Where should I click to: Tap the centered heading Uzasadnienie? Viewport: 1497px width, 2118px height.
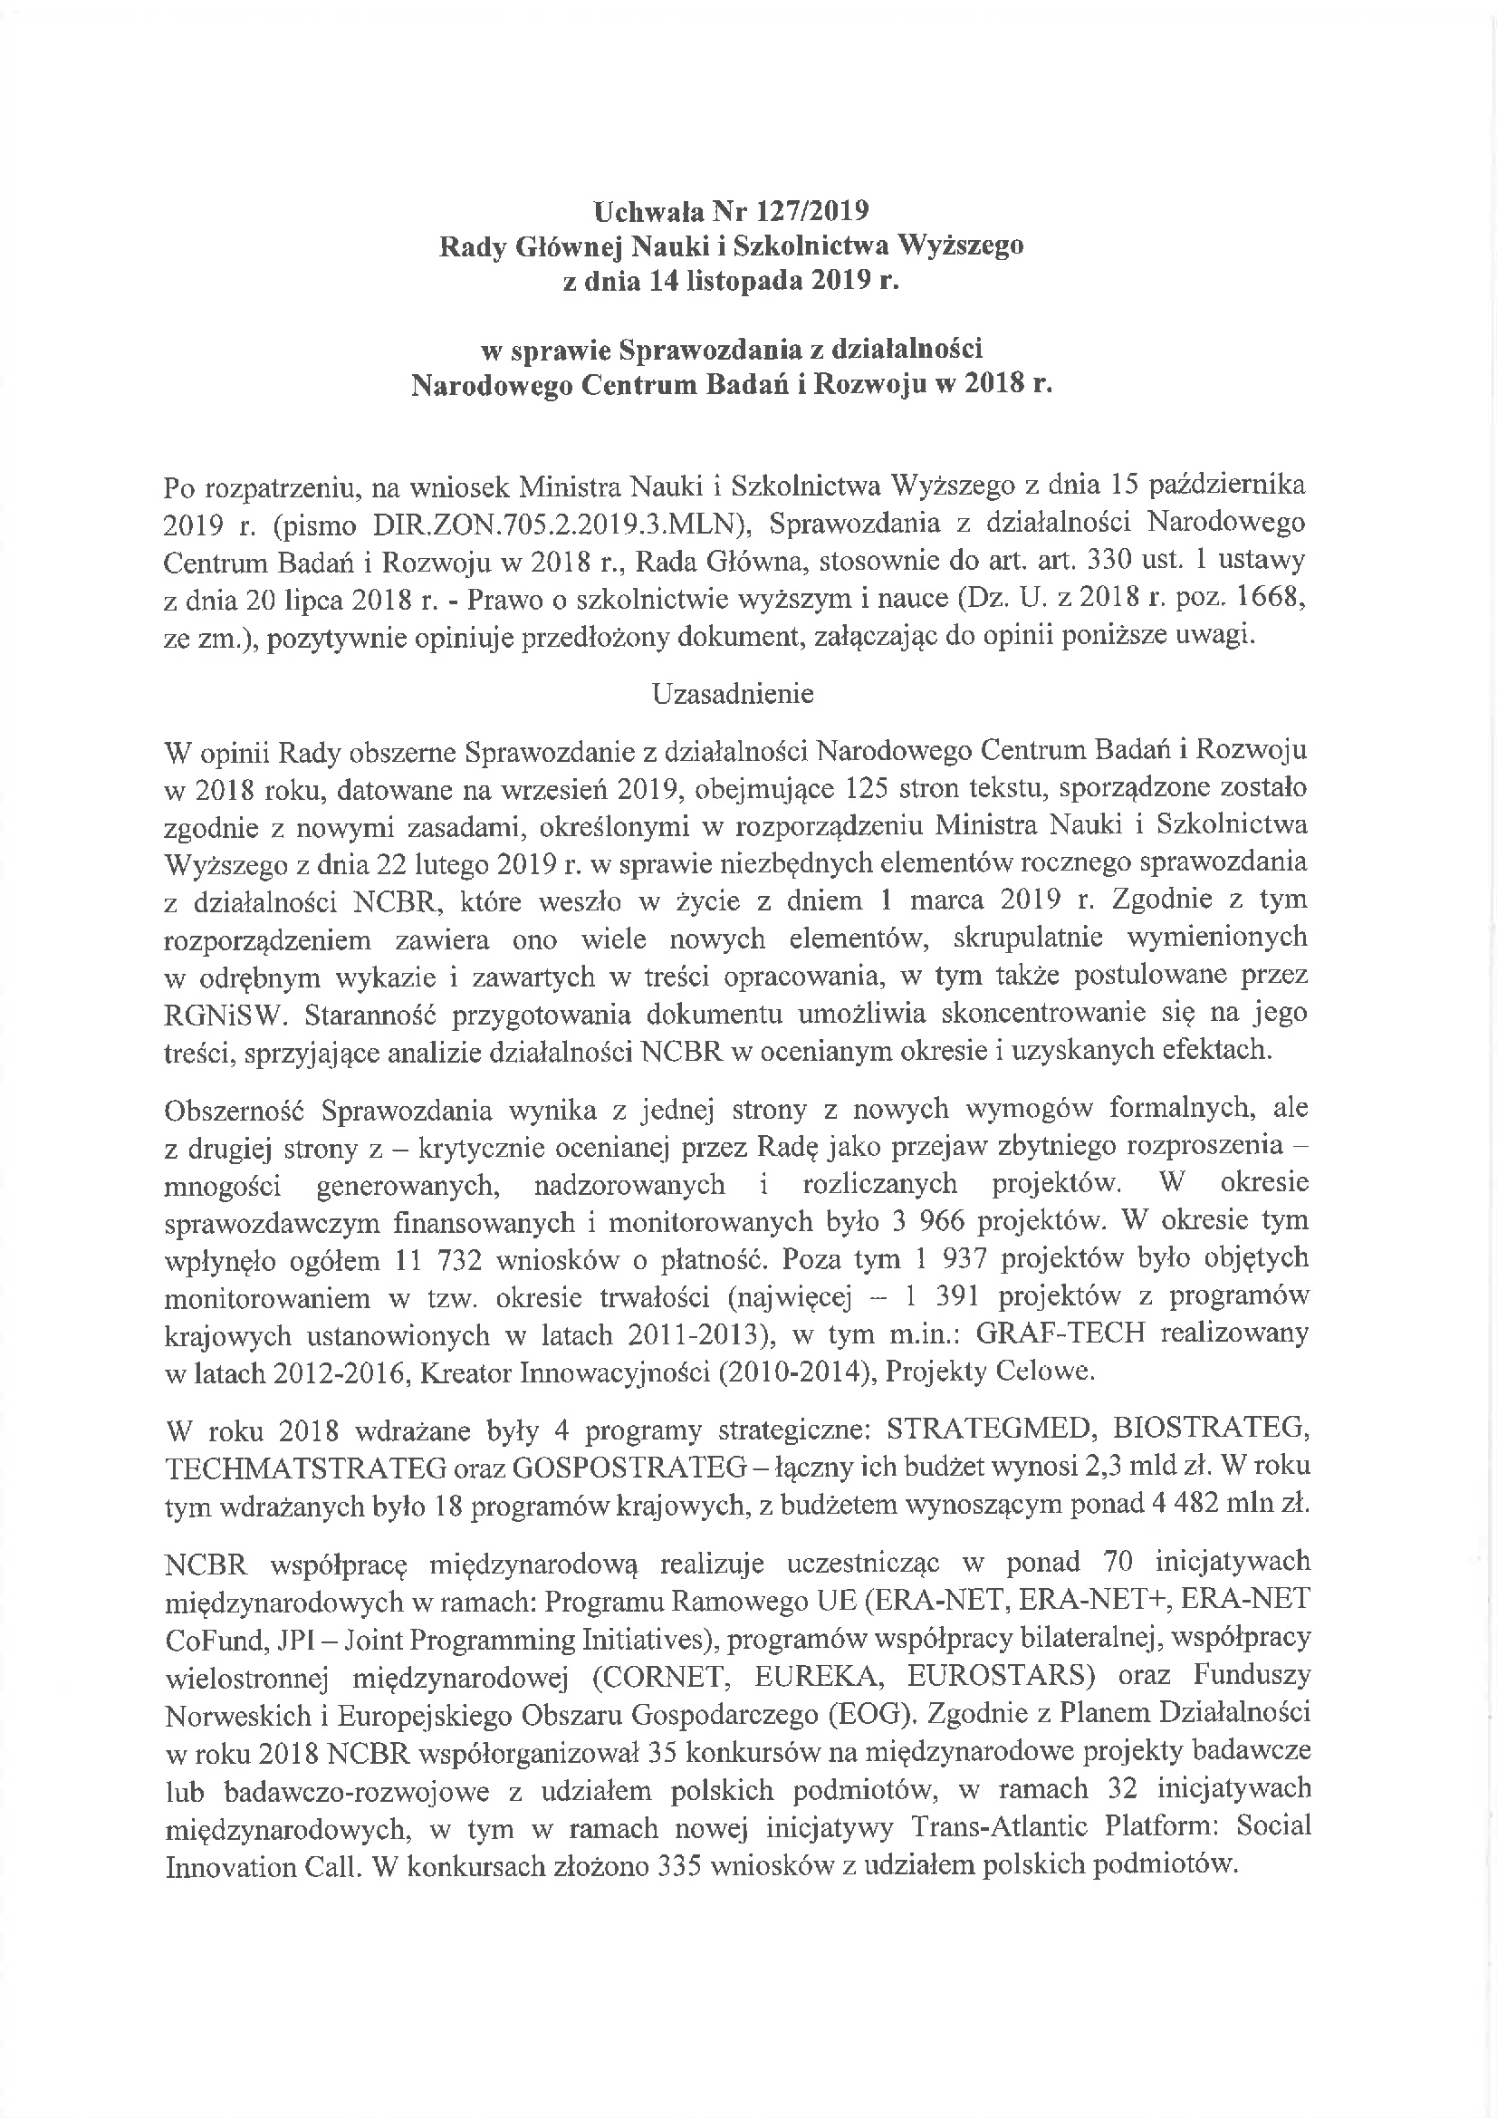[733, 694]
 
